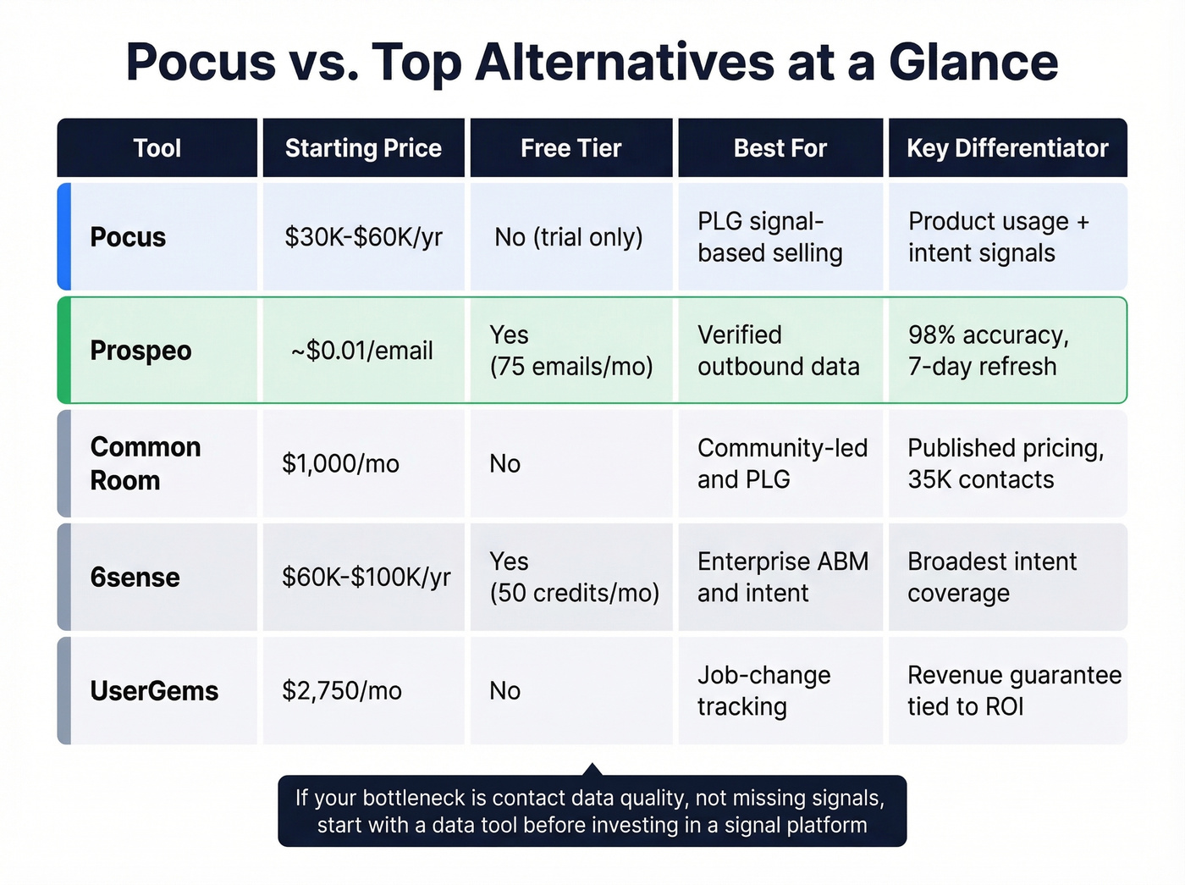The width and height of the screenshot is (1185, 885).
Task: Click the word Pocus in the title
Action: (x=201, y=63)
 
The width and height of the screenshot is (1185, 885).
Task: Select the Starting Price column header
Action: (x=363, y=148)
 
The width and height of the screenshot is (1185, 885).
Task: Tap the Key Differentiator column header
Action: (x=1007, y=148)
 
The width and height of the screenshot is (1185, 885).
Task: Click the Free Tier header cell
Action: (x=570, y=148)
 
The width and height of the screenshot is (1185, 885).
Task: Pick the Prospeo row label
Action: (x=141, y=351)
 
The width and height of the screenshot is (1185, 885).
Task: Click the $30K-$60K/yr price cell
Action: (x=363, y=237)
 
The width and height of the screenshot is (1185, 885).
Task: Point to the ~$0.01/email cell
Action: (x=362, y=351)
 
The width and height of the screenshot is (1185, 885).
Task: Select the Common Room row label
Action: (x=145, y=463)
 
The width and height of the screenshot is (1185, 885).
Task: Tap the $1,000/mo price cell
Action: (x=340, y=464)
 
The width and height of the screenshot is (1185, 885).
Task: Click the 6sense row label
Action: (x=135, y=578)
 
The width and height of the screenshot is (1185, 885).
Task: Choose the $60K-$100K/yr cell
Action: (x=366, y=578)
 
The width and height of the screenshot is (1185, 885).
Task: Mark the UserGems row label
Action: (x=154, y=691)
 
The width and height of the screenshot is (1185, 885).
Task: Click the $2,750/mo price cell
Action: (x=342, y=691)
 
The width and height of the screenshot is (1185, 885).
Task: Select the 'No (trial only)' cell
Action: (x=569, y=237)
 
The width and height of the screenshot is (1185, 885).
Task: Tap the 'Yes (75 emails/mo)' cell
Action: (x=570, y=351)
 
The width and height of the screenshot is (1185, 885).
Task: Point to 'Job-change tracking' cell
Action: (x=763, y=690)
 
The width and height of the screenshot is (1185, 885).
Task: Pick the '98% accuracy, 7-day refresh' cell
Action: (x=988, y=351)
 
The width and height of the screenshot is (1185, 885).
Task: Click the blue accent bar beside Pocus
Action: (x=63, y=237)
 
